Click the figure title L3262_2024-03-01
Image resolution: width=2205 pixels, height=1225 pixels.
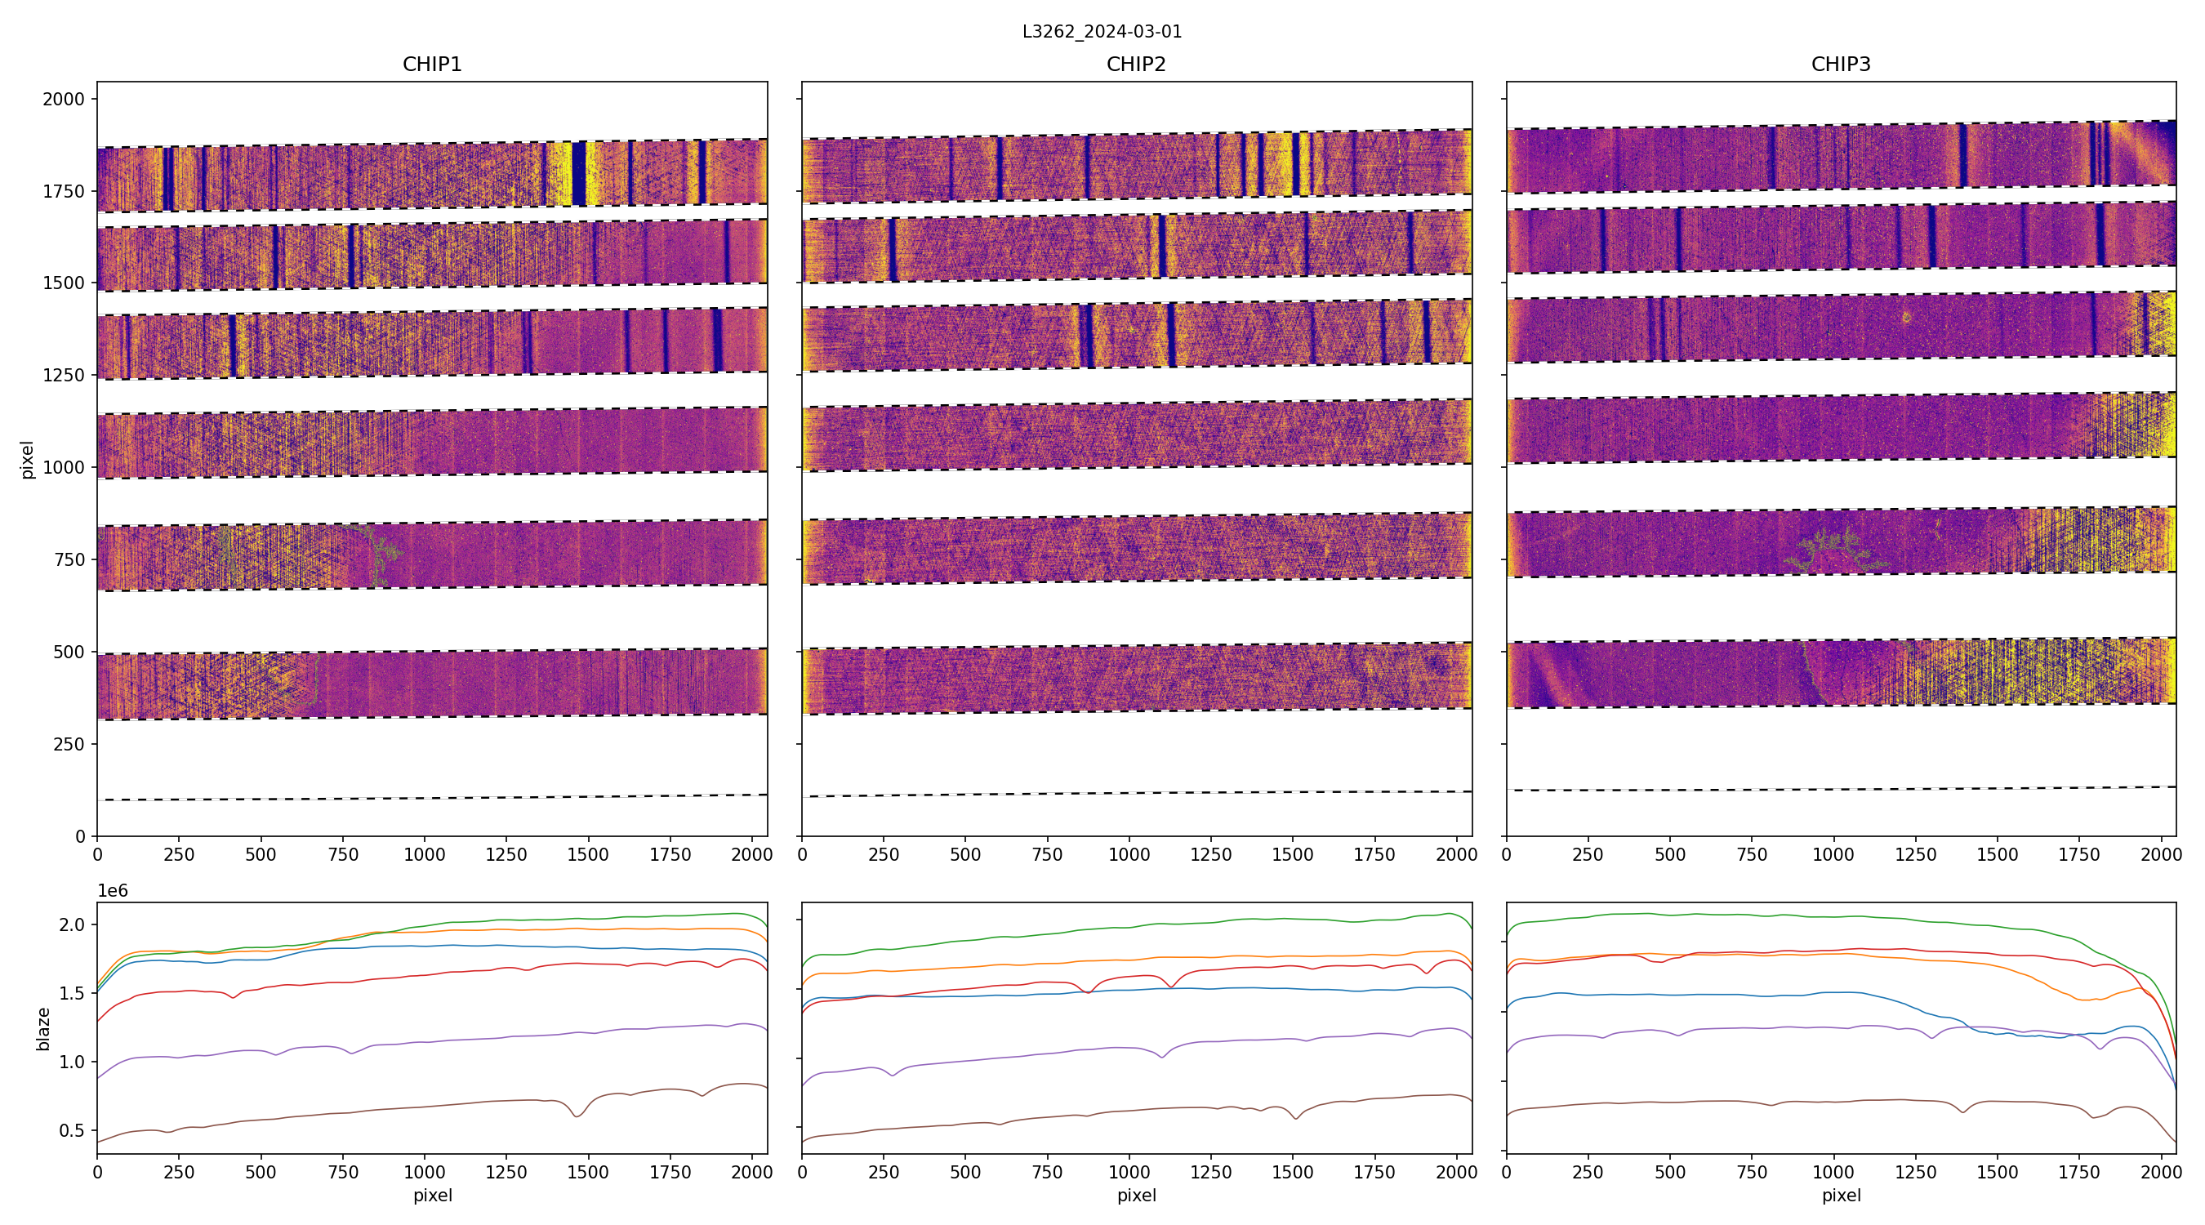pyautogui.click(x=1102, y=32)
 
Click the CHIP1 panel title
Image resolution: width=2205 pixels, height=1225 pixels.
pyautogui.click(x=432, y=65)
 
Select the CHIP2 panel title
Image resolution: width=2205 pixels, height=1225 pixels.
pyautogui.click(x=1136, y=65)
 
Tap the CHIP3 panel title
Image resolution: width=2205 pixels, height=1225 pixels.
pyautogui.click(x=1840, y=65)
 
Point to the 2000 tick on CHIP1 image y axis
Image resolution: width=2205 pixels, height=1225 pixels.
pyautogui.click(x=65, y=100)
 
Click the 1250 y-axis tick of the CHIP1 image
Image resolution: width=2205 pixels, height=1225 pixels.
pyautogui.click(x=65, y=375)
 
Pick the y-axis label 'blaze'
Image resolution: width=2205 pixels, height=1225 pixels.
pyautogui.click(x=43, y=1028)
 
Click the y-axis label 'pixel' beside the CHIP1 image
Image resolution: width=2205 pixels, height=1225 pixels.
pyautogui.click(x=28, y=460)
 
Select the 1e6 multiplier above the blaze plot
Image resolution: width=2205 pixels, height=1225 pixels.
pyautogui.click(x=113, y=891)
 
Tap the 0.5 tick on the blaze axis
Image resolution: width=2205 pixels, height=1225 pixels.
pyautogui.click(x=72, y=1131)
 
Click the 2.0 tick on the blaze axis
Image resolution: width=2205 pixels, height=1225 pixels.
pyautogui.click(x=72, y=924)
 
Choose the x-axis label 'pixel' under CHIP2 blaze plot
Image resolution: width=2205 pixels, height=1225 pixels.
pyautogui.click(x=1136, y=1195)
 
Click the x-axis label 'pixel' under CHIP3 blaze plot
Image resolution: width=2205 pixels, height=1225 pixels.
pyautogui.click(x=1840, y=1195)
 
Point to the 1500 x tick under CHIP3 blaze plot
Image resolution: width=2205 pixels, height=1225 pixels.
pyautogui.click(x=1997, y=1172)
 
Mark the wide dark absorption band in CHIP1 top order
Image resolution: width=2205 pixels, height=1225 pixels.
pyautogui.click(x=579, y=174)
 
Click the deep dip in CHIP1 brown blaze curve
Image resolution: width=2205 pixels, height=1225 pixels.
pyautogui.click(x=577, y=1116)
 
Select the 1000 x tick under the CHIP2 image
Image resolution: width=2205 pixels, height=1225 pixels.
pyautogui.click(x=1129, y=854)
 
